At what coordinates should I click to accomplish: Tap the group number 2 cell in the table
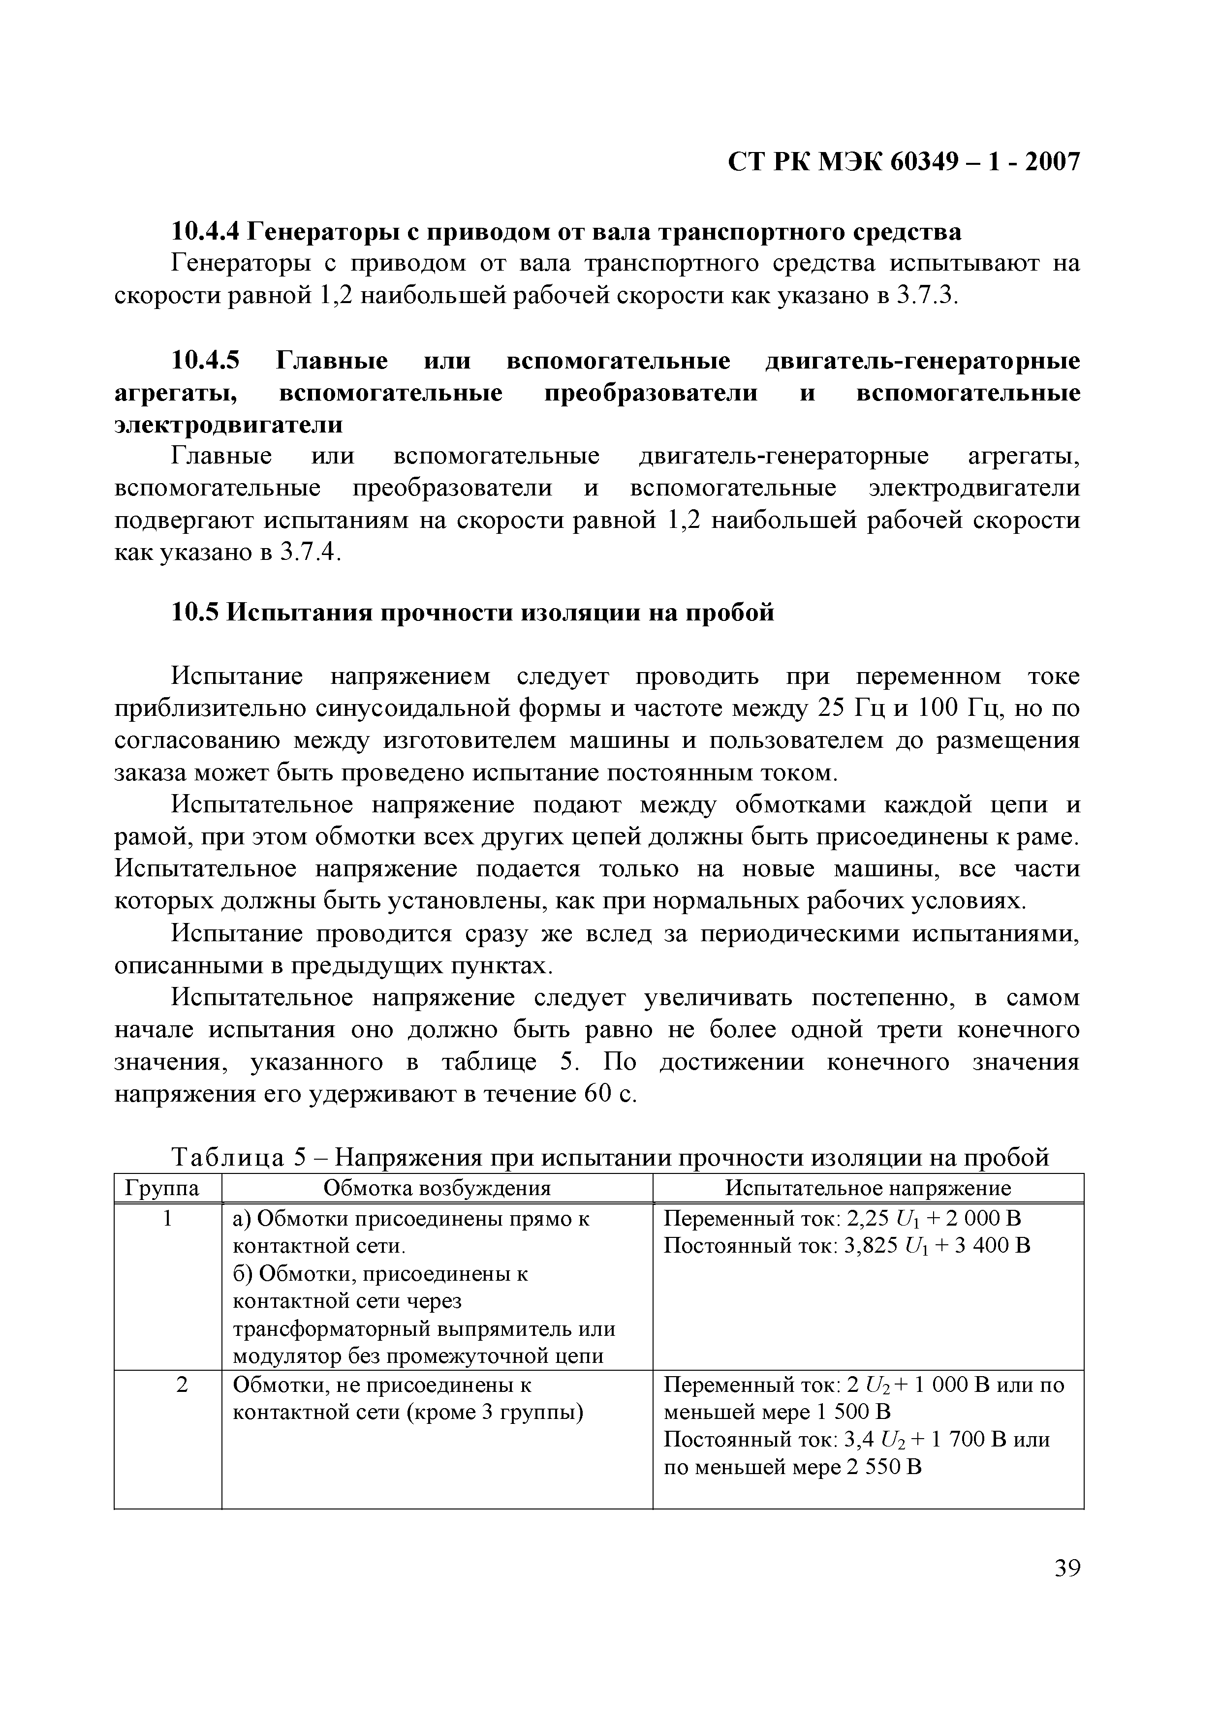[x=181, y=1385]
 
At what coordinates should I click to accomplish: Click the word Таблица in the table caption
[x=228, y=1158]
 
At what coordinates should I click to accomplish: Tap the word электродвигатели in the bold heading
[x=228, y=425]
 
